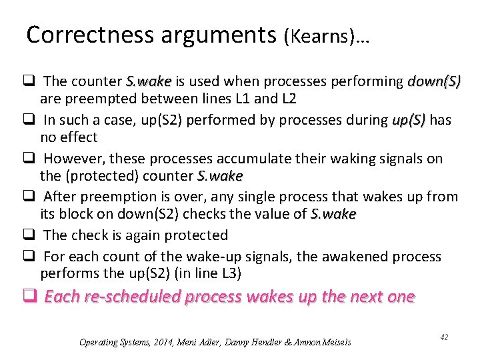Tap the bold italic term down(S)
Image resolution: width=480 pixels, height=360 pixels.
coord(434,82)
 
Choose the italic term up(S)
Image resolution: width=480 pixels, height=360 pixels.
coord(409,120)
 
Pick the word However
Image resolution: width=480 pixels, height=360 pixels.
coord(73,159)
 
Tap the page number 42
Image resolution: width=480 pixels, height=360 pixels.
coord(443,337)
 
